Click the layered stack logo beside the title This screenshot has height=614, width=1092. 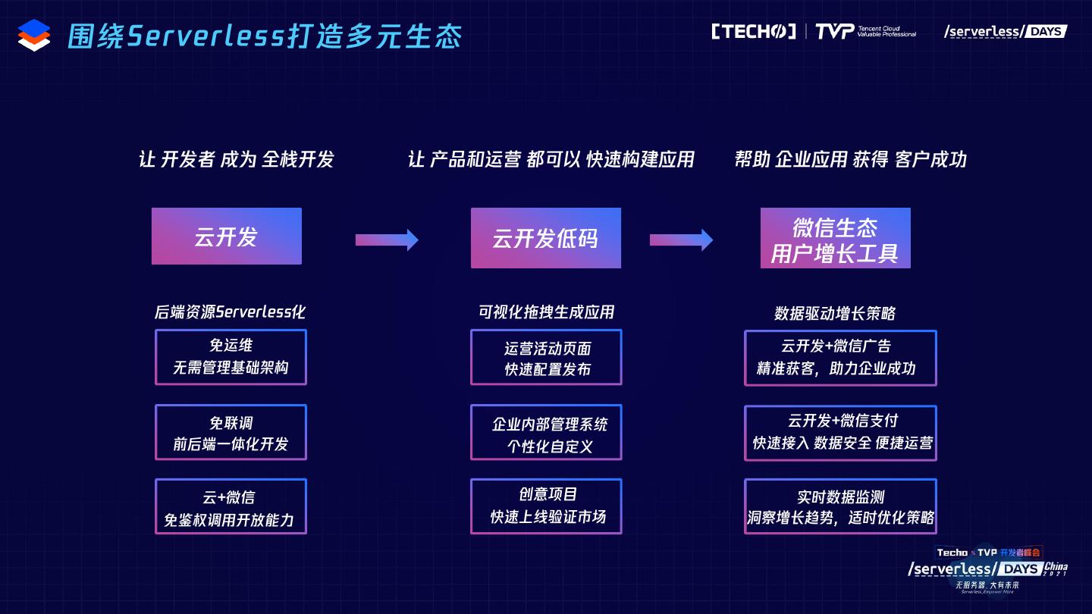[34, 35]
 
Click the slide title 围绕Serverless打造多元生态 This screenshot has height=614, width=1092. [265, 36]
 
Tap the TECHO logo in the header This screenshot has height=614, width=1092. [753, 32]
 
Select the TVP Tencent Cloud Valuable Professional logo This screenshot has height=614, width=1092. [864, 32]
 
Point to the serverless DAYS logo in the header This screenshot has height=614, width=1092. [1005, 32]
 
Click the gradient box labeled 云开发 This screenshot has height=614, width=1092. [227, 237]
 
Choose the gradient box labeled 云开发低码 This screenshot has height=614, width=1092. [545, 238]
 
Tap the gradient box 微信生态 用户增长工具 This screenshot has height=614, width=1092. [835, 238]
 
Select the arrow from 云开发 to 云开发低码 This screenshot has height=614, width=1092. [387, 240]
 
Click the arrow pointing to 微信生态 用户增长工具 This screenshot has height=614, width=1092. [681, 240]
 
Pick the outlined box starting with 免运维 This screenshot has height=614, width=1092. [231, 357]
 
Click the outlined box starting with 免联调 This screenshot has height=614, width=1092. [231, 432]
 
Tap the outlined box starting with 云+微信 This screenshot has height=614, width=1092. [231, 506]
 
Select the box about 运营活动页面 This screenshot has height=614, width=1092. [546, 357]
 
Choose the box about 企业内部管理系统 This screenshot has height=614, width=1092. [546, 432]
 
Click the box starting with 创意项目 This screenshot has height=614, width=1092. [546, 506]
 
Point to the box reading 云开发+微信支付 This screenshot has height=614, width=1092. [840, 432]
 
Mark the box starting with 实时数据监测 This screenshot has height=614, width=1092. [840, 506]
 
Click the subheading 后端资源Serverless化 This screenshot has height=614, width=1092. [230, 312]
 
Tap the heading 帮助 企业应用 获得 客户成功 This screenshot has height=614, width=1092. [850, 159]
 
